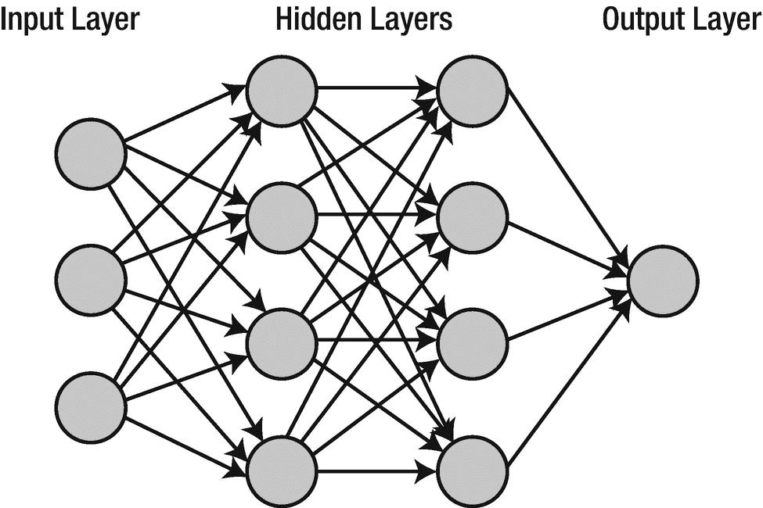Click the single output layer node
(x=662, y=281)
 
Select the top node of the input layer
(x=92, y=154)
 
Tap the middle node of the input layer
(x=92, y=281)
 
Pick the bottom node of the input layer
(x=92, y=407)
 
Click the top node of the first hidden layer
(x=282, y=91)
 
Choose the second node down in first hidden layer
(x=282, y=217)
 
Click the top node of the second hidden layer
(x=472, y=91)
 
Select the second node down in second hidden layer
(x=472, y=217)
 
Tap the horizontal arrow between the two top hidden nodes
(x=376, y=88)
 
